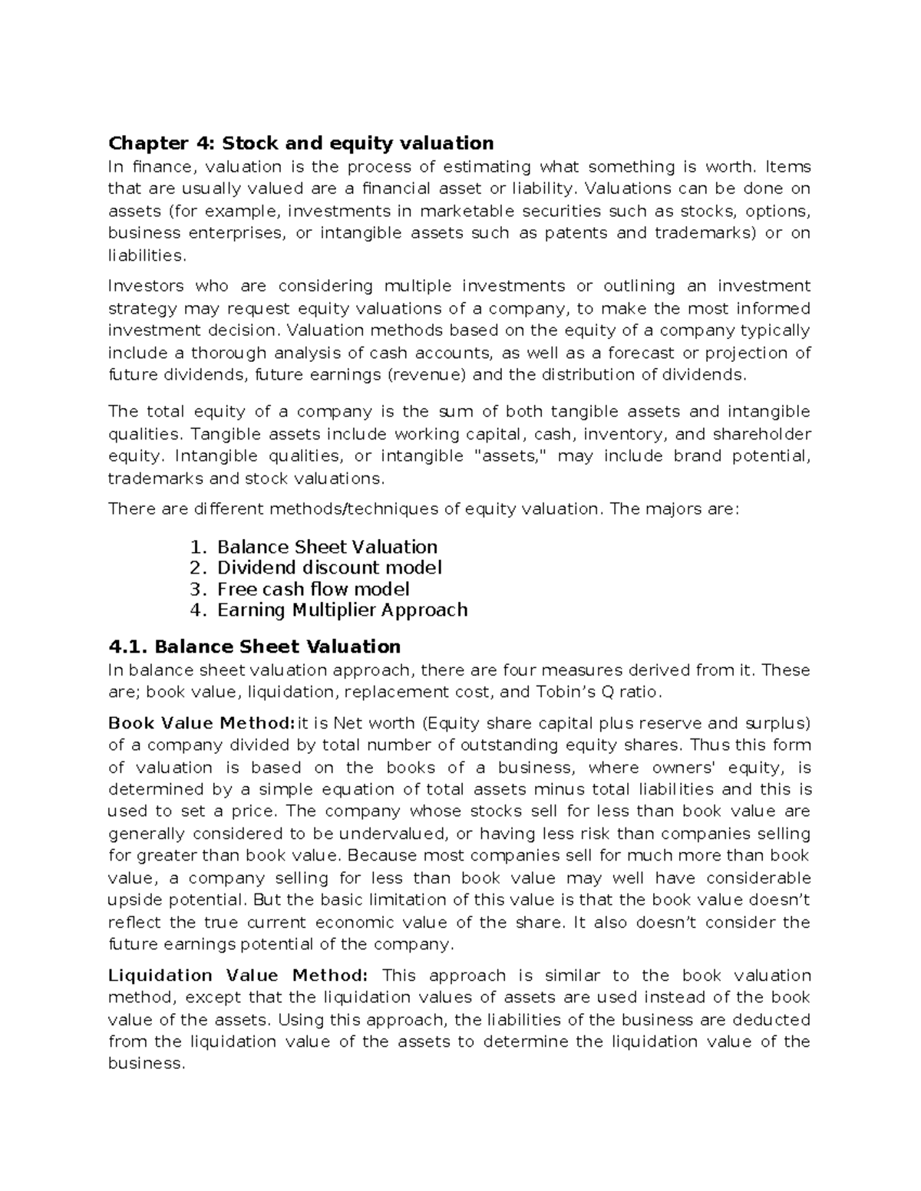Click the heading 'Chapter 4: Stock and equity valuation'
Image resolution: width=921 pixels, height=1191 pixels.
click(x=301, y=143)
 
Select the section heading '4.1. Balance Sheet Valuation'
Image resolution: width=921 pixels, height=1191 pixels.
click(x=254, y=646)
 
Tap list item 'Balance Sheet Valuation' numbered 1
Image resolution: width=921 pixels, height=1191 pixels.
click(x=327, y=547)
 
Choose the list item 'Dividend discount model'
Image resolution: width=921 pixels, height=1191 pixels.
click(x=329, y=568)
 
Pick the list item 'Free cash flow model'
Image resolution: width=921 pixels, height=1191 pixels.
click(x=313, y=589)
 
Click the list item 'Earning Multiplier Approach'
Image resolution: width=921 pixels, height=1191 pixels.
click(x=342, y=610)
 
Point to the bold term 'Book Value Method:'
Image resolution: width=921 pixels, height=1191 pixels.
click(x=201, y=723)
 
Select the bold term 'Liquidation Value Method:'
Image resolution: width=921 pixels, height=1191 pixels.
click(x=238, y=976)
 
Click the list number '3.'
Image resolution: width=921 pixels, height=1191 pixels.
click(x=198, y=589)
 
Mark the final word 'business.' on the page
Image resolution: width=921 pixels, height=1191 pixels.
click(x=147, y=1064)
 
